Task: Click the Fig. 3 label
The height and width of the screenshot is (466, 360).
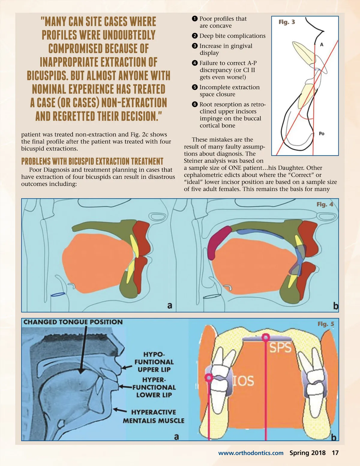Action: [x=286, y=22]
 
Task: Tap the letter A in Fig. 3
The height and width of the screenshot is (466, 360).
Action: [x=322, y=45]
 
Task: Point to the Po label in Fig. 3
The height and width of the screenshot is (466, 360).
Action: [x=322, y=134]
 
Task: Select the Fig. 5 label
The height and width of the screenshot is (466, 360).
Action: [x=326, y=324]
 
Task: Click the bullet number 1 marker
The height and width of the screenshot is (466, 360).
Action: [x=195, y=19]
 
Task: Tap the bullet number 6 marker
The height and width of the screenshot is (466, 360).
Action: [x=195, y=104]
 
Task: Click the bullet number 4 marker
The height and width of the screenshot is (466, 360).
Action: [x=195, y=63]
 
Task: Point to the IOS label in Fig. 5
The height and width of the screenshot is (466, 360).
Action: [x=243, y=381]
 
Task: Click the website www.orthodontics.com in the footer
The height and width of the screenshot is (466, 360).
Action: [x=250, y=453]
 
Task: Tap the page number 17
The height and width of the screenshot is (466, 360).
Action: [x=335, y=453]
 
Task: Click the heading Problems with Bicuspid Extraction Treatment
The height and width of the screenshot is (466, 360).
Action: [x=92, y=161]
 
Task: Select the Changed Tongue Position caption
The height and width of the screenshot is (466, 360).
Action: [x=73, y=322]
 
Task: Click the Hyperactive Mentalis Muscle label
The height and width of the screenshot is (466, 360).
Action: [x=153, y=416]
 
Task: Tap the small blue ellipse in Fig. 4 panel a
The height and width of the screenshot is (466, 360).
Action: [x=58, y=295]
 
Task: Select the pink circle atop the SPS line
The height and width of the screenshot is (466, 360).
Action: [x=265, y=338]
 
